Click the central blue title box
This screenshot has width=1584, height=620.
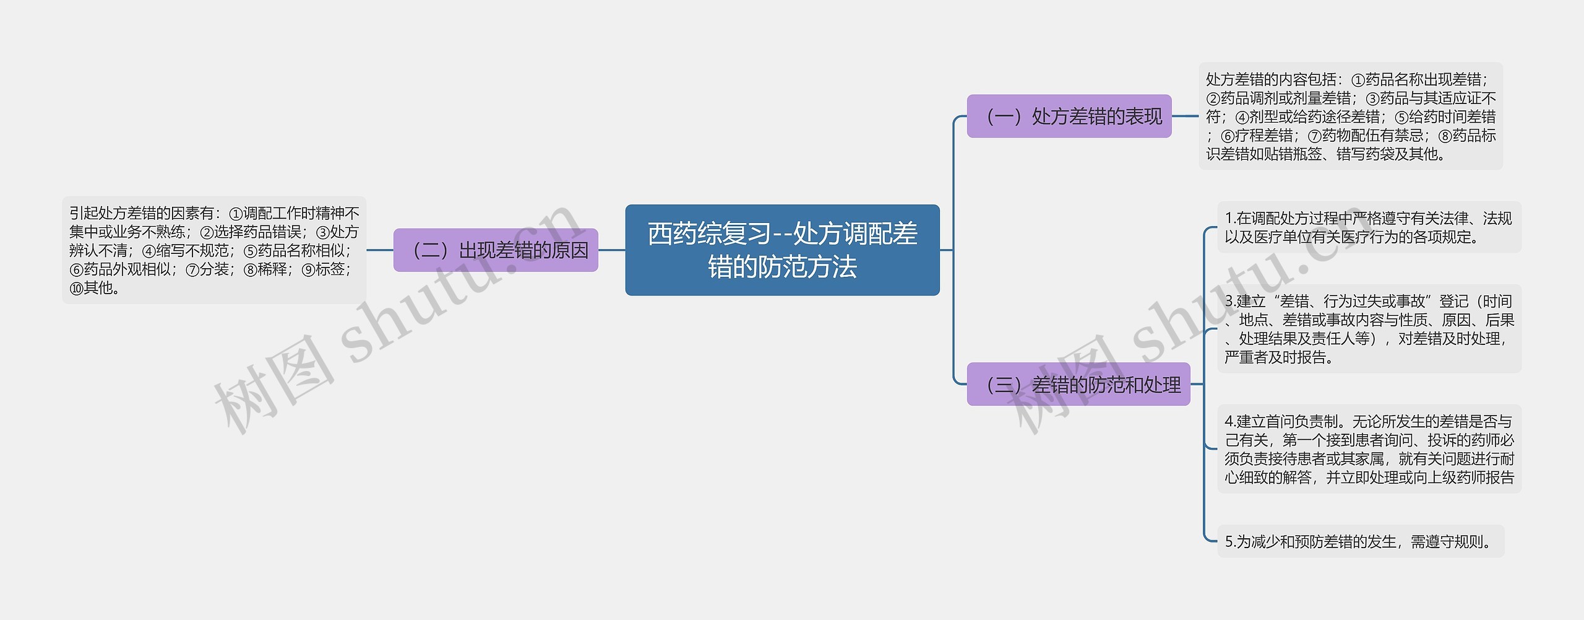coord(782,250)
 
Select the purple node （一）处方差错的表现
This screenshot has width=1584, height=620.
coord(1069,116)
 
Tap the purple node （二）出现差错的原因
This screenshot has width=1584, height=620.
coord(496,250)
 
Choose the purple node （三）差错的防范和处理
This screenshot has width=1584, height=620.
coord(1078,384)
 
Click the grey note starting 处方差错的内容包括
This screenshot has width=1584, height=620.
coord(1350,116)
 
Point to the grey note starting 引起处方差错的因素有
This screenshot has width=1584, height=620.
coord(214,250)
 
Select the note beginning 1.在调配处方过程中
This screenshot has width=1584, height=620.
coord(1369,227)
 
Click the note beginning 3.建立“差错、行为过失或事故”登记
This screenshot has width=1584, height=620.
coord(1369,329)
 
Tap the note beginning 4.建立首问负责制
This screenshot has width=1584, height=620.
coord(1369,449)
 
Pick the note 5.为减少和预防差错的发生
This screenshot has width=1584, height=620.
coord(1360,541)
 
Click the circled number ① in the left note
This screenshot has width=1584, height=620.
coord(236,214)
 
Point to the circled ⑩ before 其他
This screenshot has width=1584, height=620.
coord(76,289)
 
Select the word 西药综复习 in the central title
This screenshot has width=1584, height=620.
coord(709,234)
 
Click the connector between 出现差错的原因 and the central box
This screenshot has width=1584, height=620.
coord(611,250)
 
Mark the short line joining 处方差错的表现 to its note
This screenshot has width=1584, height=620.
coord(1185,116)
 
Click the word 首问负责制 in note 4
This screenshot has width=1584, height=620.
coord(1302,422)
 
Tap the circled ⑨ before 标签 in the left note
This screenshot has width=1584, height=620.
coord(308,270)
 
